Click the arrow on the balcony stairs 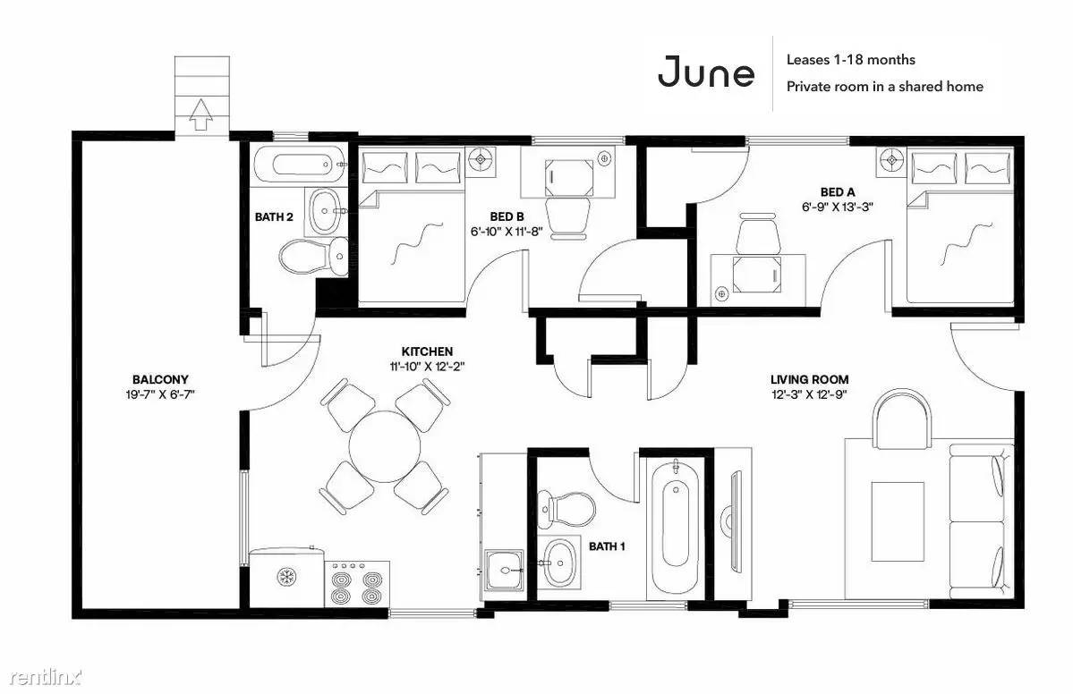(200, 114)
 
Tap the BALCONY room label (160, 379)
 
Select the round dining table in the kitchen (385, 446)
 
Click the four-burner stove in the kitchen (356, 584)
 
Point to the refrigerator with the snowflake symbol (286, 577)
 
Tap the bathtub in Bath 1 (676, 528)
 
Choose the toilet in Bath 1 (566, 508)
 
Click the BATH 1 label (607, 546)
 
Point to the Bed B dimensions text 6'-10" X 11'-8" (507, 231)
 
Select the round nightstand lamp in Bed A (892, 161)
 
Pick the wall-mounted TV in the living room (734, 519)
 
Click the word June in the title (706, 72)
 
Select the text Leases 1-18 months (850, 60)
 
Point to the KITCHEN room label (427, 351)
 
